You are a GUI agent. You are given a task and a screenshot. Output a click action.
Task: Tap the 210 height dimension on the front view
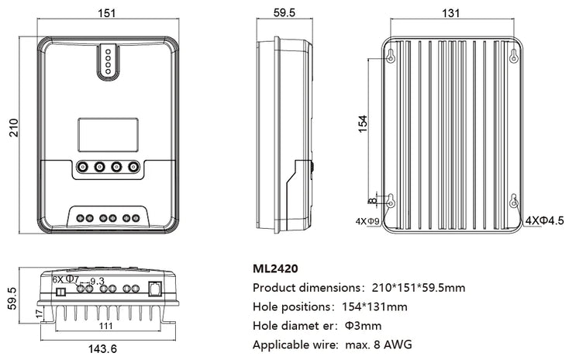12,126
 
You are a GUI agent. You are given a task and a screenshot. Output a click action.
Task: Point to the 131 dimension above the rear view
451,12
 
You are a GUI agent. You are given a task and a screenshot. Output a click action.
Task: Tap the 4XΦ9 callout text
366,221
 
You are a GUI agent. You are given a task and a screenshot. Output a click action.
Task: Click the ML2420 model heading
277,270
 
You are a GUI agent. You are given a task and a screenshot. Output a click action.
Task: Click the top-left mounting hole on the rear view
391,55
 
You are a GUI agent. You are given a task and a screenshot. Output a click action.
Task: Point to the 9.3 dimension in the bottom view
97,281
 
